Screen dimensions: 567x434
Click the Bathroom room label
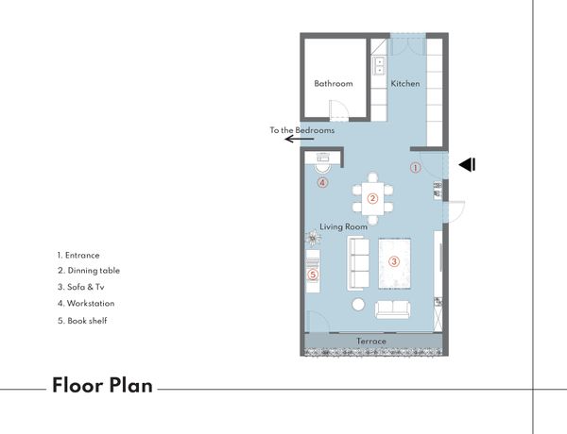click(334, 83)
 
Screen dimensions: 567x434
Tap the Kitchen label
click(405, 83)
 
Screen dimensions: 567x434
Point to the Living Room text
click(343, 226)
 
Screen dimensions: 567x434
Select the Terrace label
click(371, 341)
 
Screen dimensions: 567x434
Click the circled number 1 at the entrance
click(416, 168)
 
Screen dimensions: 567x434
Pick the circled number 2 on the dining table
click(372, 198)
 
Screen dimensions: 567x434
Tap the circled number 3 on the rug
click(394, 261)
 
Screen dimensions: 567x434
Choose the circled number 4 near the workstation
click(322, 183)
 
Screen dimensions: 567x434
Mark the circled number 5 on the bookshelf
click(313, 275)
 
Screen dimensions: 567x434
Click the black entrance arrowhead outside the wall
click(467, 165)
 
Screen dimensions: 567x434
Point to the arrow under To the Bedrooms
click(299, 139)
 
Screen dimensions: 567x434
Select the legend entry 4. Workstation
click(86, 303)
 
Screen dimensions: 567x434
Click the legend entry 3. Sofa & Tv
click(81, 287)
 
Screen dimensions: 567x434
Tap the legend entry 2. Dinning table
click(89, 271)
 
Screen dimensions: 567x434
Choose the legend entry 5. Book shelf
click(82, 321)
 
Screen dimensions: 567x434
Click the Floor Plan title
click(102, 385)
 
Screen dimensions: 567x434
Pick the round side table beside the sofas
click(358, 305)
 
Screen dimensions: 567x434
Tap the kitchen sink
click(379, 66)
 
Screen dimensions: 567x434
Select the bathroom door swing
click(338, 109)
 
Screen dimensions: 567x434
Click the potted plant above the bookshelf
click(313, 238)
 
